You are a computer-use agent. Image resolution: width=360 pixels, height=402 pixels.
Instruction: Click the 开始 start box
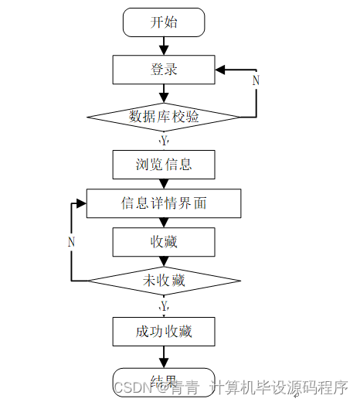pos(164,22)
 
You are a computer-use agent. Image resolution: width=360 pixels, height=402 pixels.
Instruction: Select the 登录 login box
pos(164,70)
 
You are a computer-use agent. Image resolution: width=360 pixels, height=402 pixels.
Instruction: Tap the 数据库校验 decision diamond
pos(164,118)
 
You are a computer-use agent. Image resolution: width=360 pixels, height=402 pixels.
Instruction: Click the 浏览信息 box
pos(164,164)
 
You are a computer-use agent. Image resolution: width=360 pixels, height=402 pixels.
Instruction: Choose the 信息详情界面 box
pos(164,203)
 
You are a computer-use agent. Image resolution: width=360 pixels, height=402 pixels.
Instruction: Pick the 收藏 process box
pos(164,242)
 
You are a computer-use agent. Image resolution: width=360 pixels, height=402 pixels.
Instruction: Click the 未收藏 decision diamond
pos(164,281)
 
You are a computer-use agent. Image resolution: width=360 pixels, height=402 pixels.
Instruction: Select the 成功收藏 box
pos(164,332)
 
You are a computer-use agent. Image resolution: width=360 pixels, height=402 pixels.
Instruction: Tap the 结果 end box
pos(164,380)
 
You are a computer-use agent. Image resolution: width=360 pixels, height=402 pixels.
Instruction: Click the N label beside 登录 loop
pos(256,80)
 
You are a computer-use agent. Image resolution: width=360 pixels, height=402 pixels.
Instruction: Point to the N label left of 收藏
pos(71,242)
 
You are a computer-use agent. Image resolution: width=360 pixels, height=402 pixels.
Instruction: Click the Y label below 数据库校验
pos(164,141)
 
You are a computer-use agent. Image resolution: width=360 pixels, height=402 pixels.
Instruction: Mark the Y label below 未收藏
pos(164,307)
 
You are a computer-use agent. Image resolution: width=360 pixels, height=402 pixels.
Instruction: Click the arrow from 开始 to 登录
pos(164,46)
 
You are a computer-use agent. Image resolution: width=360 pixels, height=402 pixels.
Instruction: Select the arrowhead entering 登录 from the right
pos(221,70)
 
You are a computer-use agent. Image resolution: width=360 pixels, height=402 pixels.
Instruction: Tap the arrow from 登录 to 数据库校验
pos(164,94)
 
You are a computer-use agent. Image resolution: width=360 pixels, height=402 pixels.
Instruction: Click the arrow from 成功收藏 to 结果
pos(164,356)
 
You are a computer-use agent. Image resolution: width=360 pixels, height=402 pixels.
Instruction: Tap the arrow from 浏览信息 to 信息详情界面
pos(164,184)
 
